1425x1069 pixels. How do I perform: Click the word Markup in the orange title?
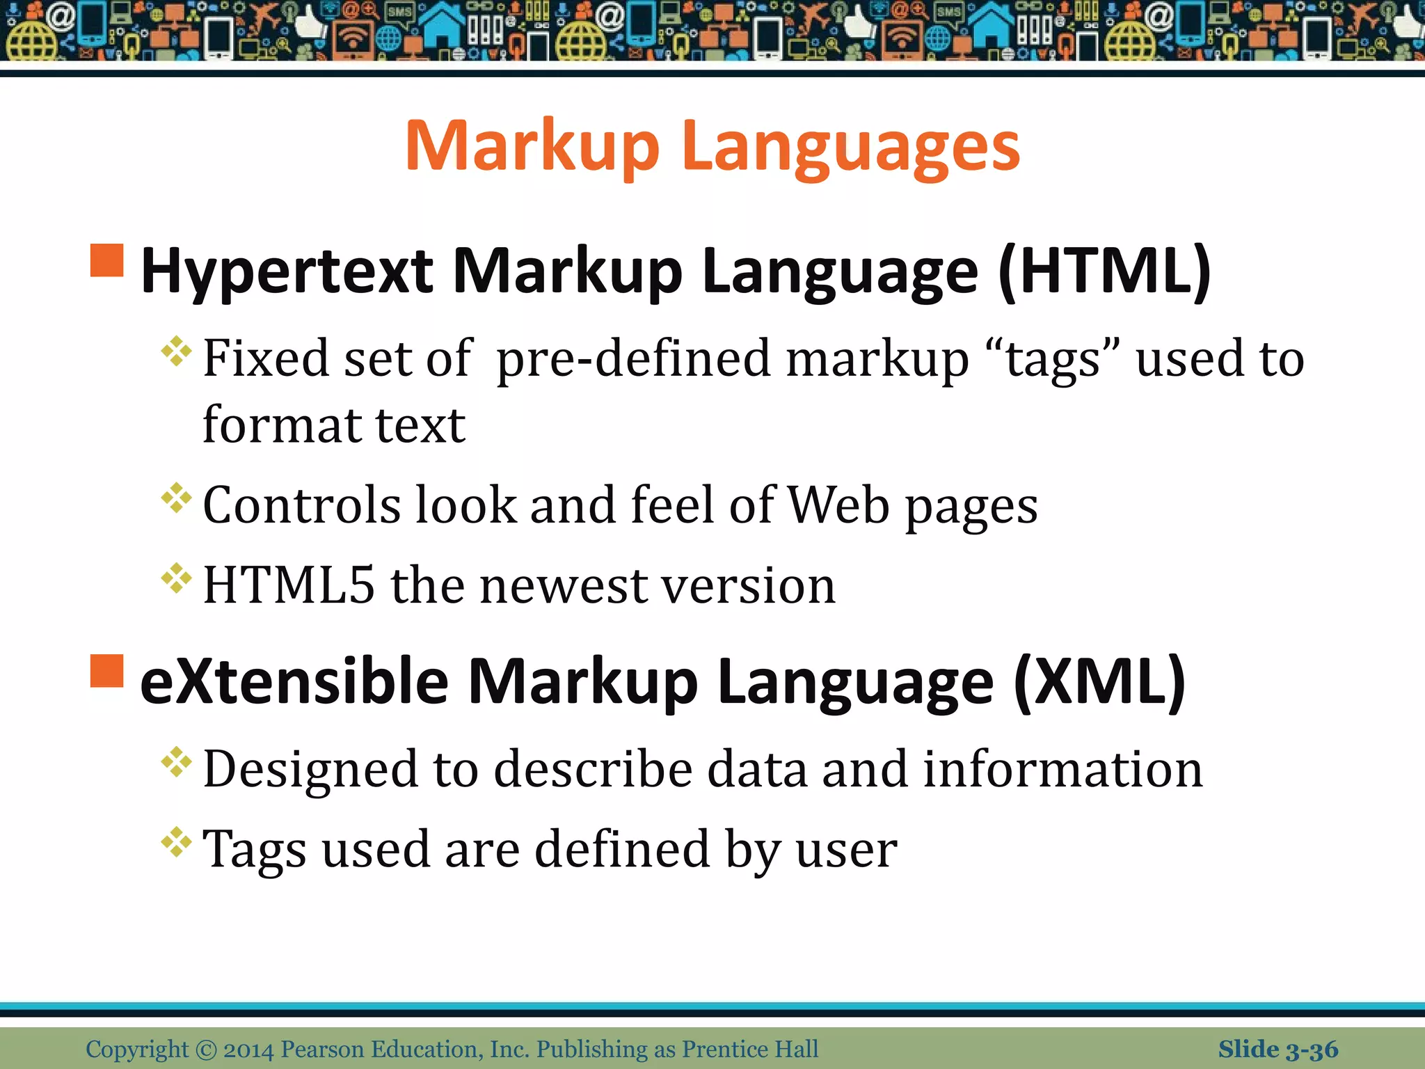click(532, 146)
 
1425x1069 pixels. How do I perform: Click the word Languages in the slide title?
click(850, 146)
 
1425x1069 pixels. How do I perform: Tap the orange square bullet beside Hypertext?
click(107, 260)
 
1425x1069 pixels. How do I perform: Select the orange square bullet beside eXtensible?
click(107, 671)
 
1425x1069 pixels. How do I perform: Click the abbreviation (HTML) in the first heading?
click(1105, 271)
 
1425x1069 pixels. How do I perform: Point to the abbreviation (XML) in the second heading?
click(1099, 682)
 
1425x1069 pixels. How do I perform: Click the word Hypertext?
click(287, 271)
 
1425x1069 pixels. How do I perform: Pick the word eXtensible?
click(294, 682)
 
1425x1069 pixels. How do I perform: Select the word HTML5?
click(289, 585)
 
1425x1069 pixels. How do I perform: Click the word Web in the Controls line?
click(838, 505)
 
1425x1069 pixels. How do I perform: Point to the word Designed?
click(307, 770)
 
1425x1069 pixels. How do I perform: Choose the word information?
click(1062, 770)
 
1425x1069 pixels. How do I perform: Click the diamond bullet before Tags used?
click(176, 843)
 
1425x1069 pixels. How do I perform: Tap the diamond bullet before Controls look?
click(176, 498)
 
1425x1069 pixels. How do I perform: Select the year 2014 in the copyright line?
click(248, 1050)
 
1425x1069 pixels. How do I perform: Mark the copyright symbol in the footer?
click(206, 1050)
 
